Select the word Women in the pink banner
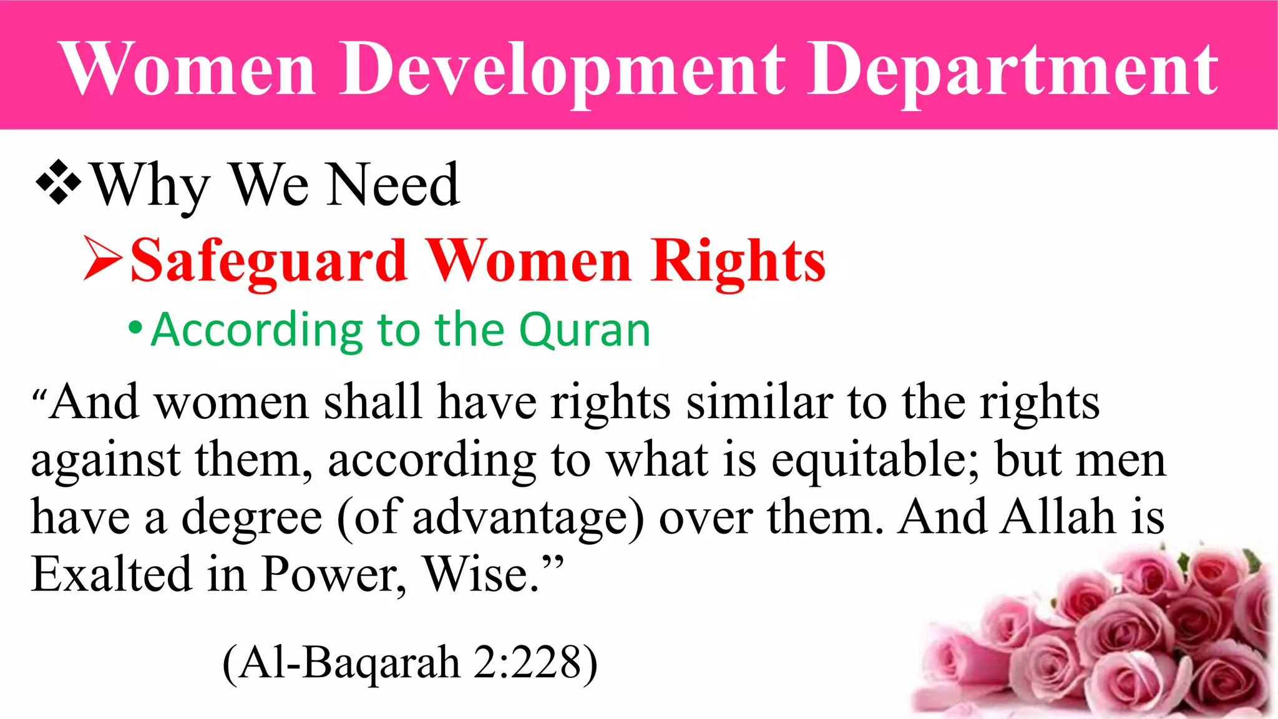187,69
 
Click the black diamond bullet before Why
59,183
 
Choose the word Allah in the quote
1058,517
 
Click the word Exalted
111,574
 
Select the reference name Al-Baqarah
349,663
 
